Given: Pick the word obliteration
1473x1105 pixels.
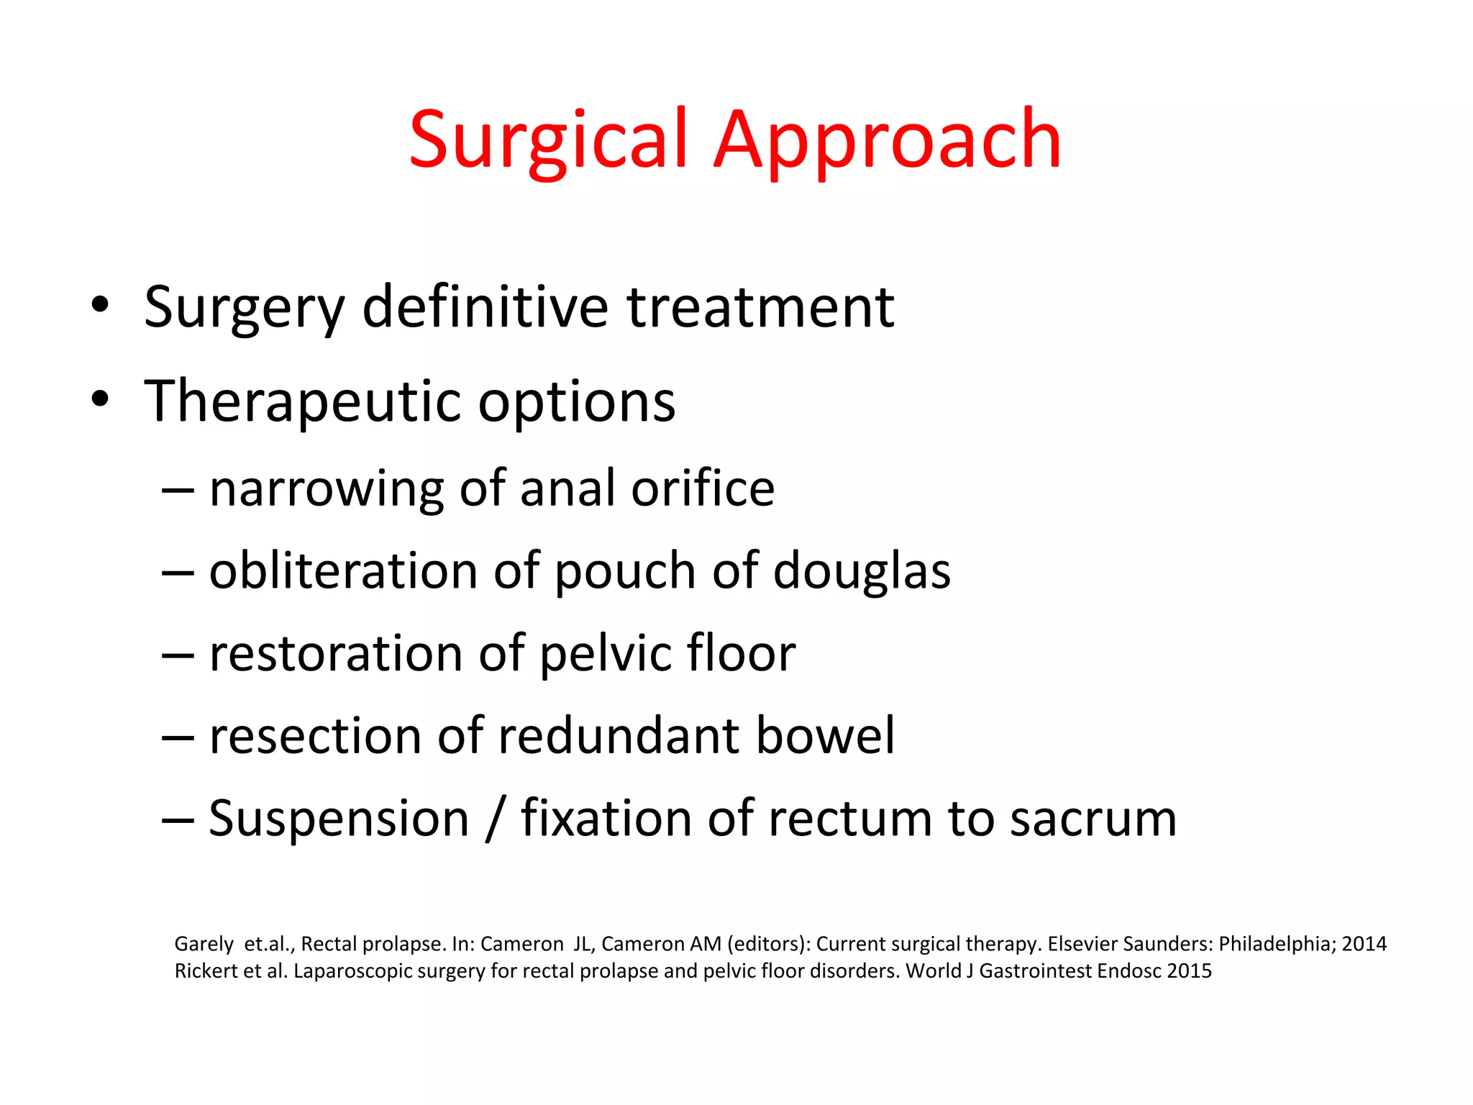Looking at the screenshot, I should (343, 570).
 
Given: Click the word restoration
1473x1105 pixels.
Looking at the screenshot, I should (336, 653).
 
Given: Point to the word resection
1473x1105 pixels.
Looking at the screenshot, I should (316, 736).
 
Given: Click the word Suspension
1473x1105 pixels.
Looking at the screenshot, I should (339, 819).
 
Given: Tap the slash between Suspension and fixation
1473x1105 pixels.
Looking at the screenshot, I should (493, 819).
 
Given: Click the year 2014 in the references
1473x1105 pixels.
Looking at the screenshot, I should (1364, 943).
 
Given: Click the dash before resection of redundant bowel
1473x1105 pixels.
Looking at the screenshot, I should (178, 737).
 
